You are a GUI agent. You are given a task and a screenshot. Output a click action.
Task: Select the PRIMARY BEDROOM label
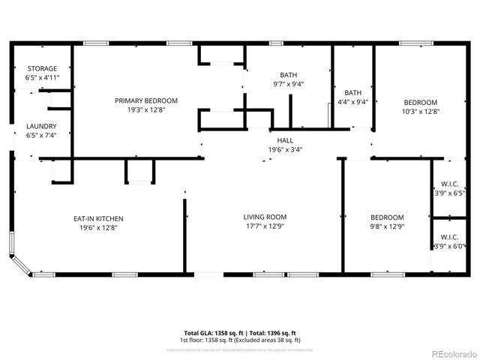[146, 100]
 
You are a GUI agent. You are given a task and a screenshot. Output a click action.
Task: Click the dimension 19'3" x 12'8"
[146, 110]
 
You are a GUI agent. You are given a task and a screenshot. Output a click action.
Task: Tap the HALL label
[285, 139]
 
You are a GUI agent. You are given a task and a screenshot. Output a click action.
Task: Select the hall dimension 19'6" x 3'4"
[285, 148]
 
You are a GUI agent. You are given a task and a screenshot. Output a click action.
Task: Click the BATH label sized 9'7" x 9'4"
[288, 75]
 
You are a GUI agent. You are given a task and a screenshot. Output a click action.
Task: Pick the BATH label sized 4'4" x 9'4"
[352, 93]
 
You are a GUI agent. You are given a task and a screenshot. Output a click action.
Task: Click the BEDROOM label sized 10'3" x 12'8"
[421, 102]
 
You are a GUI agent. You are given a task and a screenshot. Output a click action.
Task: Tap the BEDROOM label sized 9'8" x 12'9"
[386, 217]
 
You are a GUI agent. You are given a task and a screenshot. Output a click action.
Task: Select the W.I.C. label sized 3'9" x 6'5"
[449, 184]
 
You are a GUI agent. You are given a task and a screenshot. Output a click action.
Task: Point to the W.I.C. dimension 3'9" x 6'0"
[449, 246]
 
